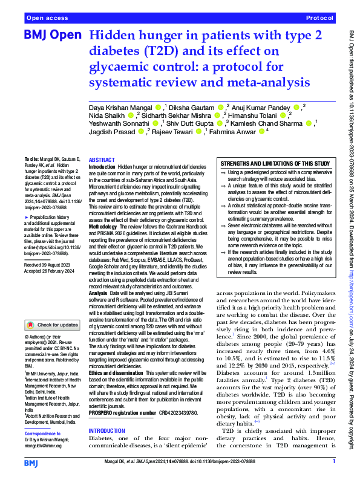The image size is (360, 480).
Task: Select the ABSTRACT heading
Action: (101, 159)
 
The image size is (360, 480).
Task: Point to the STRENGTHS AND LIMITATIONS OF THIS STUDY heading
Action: (275, 164)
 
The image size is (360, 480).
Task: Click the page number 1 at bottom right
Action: (334, 462)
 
